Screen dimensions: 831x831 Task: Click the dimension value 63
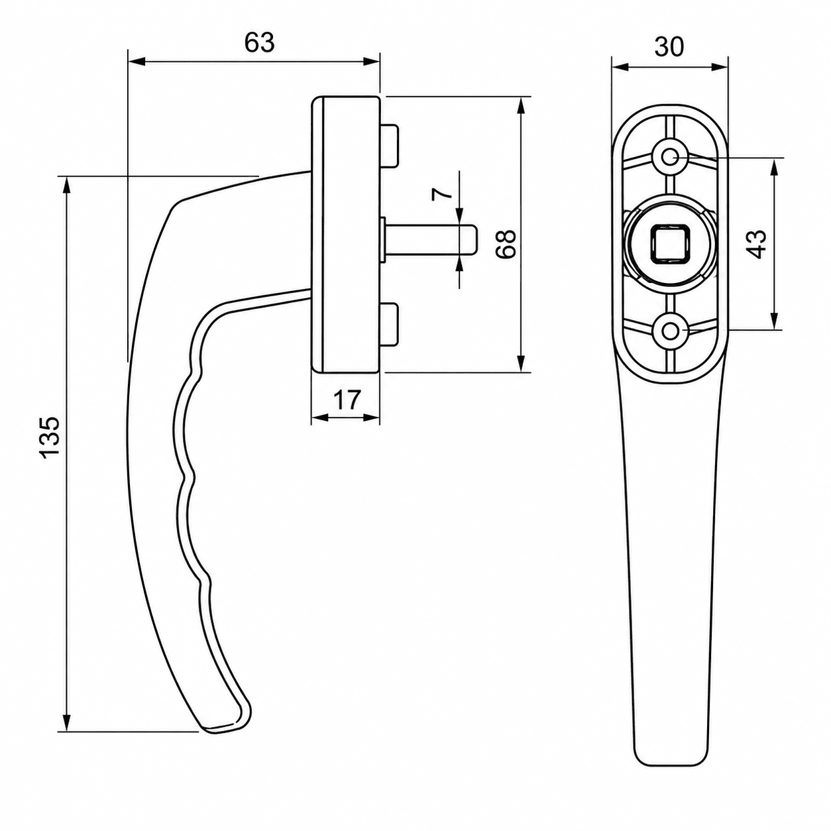[259, 42]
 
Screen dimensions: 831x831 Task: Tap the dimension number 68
[506, 244]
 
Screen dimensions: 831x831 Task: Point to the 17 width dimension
[347, 400]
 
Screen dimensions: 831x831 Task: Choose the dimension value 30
[669, 47]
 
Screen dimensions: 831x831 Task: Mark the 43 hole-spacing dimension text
[758, 244]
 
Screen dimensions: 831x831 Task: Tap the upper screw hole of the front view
[669, 157]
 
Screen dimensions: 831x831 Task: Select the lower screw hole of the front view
[669, 331]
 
